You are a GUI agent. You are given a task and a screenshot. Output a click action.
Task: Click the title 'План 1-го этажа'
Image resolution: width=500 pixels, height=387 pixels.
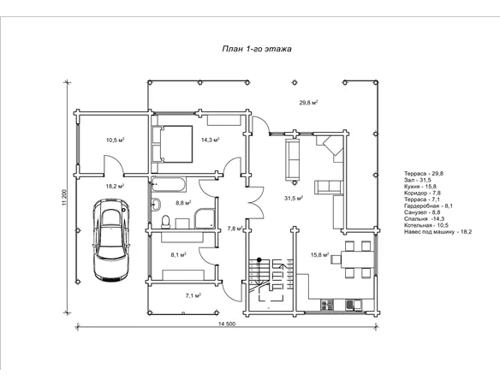click(257, 49)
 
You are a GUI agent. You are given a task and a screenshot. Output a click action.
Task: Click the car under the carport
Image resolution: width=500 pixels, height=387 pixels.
click(111, 240)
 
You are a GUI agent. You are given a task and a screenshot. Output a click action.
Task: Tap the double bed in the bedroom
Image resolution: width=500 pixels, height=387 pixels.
click(176, 144)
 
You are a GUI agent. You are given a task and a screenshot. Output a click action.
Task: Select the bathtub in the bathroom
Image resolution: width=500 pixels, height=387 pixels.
click(169, 185)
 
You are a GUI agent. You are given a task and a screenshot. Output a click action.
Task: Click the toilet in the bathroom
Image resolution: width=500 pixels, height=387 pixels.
click(166, 222)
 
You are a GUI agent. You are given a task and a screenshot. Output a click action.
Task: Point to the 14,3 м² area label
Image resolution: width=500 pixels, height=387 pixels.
click(211, 140)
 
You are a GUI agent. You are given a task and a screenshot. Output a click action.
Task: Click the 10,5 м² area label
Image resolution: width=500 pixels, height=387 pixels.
click(115, 140)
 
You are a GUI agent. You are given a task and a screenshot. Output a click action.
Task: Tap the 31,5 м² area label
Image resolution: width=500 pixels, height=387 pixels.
click(294, 199)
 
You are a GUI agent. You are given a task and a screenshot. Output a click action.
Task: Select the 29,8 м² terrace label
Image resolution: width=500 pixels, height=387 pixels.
click(308, 103)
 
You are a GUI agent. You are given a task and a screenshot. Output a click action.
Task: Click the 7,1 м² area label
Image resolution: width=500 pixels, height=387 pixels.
click(193, 296)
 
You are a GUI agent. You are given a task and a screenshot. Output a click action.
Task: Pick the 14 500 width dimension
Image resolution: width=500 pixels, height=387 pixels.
click(227, 324)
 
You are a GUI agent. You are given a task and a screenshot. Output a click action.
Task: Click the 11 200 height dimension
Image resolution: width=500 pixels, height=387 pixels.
click(64, 198)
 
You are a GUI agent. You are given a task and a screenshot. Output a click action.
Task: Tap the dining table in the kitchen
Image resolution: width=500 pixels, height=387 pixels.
click(358, 259)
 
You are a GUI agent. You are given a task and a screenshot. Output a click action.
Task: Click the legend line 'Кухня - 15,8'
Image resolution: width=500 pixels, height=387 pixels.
click(420, 187)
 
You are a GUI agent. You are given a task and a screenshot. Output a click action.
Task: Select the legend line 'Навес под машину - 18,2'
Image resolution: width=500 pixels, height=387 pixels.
click(437, 232)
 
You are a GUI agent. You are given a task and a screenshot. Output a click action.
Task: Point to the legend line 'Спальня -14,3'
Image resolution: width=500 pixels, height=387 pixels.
click(420, 218)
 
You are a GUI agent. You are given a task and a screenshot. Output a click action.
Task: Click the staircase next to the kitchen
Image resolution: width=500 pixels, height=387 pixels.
click(271, 279)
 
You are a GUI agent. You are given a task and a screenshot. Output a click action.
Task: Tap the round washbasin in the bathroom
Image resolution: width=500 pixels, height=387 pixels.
click(156, 204)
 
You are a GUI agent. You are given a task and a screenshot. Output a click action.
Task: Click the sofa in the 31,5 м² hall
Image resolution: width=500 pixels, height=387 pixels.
click(293, 159)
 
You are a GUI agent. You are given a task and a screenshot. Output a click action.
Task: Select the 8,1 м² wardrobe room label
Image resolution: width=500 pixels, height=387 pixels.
click(178, 254)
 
